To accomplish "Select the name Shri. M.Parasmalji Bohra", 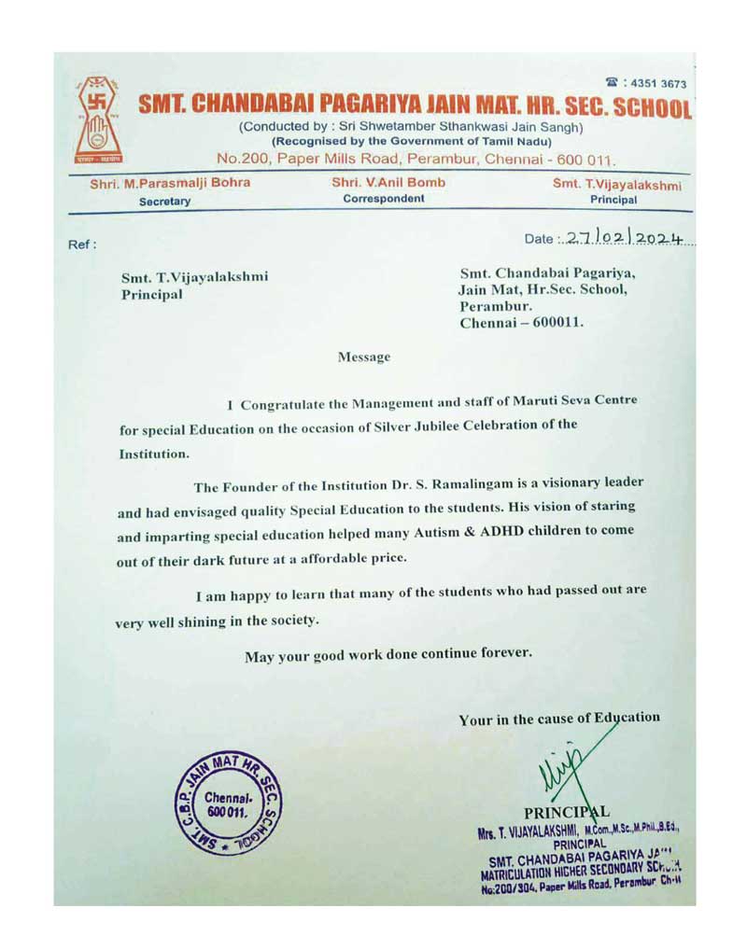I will [x=170, y=183].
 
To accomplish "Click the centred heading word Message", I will [x=364, y=356].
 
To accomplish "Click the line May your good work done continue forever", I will [x=388, y=654].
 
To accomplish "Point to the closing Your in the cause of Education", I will [x=559, y=719].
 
